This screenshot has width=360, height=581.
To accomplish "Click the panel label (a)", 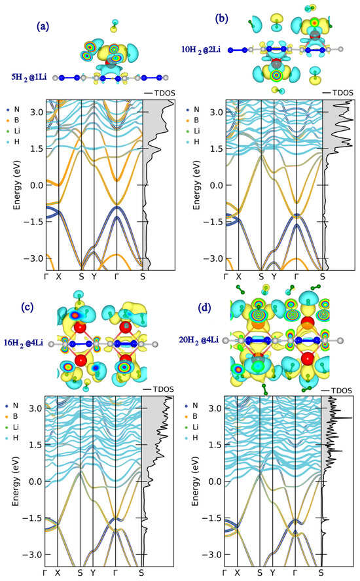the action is [43, 26].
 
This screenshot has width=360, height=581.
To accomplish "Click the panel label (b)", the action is [222, 18].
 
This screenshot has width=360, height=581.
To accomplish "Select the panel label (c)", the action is [27, 307].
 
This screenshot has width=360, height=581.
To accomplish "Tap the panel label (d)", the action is [204, 308].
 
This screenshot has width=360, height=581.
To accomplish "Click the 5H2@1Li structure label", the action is [29, 78].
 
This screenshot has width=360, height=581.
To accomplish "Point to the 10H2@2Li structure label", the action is [200, 50].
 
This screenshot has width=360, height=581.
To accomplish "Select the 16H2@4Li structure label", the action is [24, 343].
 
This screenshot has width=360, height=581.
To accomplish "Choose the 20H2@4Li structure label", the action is [199, 340].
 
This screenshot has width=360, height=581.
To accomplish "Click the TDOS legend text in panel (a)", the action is [164, 93].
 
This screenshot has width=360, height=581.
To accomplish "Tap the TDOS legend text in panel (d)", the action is [342, 391].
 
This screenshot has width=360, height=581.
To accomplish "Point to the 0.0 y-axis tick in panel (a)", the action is [37, 185].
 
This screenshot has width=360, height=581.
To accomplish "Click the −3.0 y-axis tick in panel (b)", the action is [213, 258].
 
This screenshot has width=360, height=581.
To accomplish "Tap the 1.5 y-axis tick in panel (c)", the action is [35, 445].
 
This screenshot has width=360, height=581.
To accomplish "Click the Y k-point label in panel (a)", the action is [94, 276].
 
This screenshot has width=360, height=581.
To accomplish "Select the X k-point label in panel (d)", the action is [238, 572].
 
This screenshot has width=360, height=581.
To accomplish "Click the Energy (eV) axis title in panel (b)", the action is [196, 185].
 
